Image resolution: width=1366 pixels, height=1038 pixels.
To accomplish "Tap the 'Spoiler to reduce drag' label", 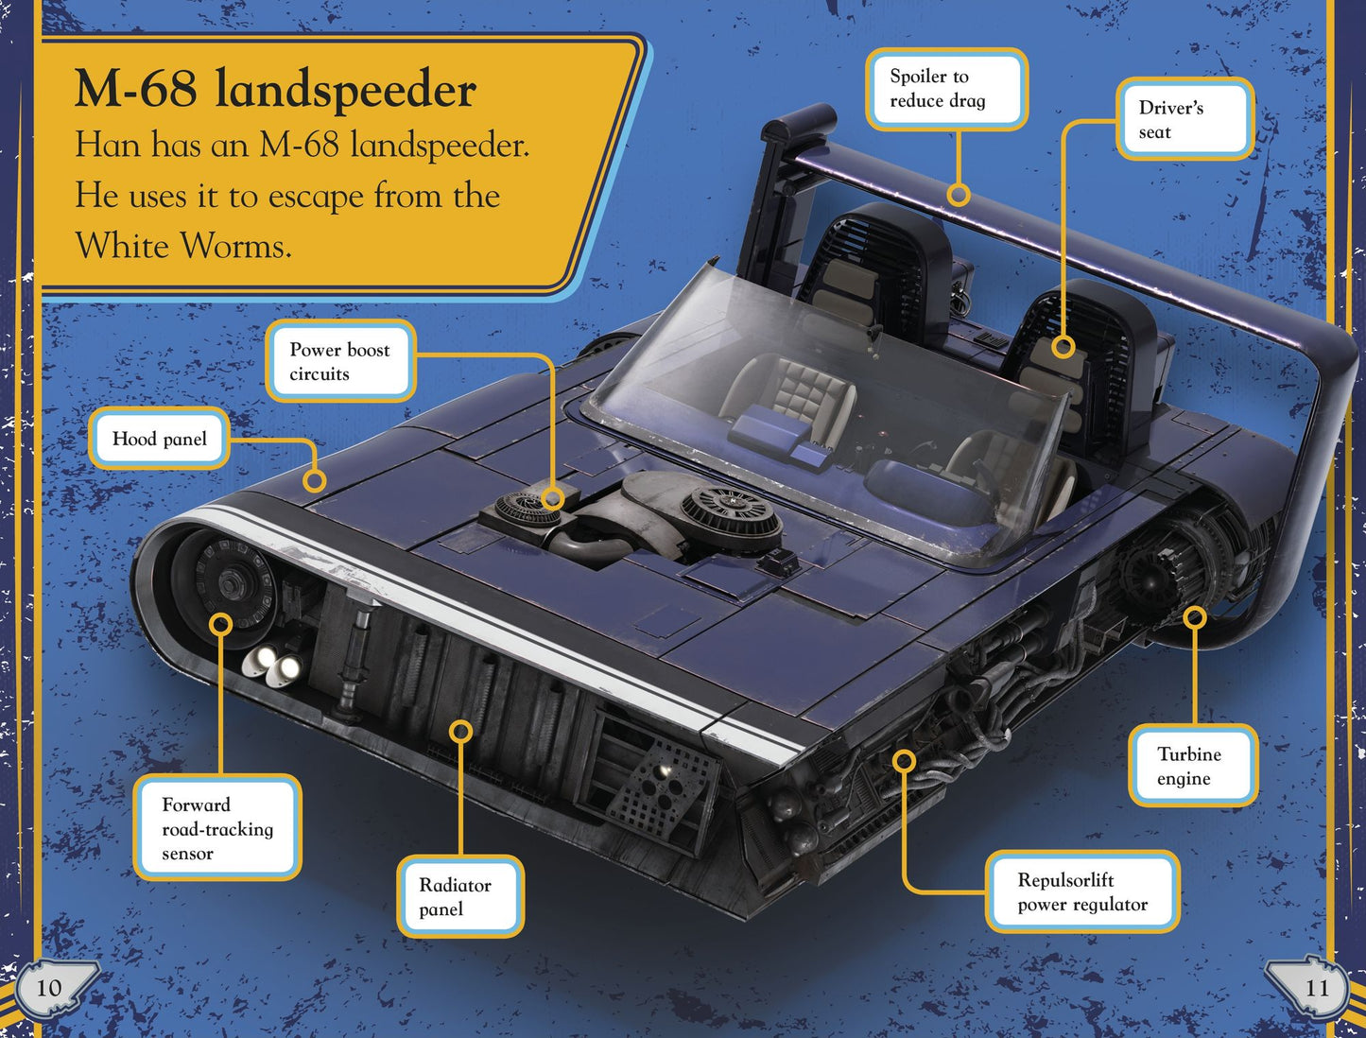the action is tap(946, 89).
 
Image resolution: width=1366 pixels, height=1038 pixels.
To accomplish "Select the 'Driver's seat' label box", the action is tap(1184, 119).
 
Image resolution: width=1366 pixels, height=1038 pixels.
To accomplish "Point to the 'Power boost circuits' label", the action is tap(341, 361).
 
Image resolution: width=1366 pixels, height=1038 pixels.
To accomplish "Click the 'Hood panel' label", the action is tap(160, 439).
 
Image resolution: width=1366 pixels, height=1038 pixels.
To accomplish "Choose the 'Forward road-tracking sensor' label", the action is tap(217, 828).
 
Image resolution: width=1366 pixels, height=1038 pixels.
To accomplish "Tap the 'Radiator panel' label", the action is tap(459, 897).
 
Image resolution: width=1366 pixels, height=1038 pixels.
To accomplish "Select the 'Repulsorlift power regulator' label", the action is tap(1082, 891).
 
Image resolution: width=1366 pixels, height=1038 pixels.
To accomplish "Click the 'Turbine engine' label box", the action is tap(1193, 766).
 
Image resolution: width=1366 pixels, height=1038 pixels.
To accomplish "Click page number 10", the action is tap(48, 988).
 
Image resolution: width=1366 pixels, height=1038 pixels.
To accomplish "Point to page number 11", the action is tap(1316, 988).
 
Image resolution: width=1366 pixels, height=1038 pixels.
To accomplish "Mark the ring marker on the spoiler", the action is tap(959, 195).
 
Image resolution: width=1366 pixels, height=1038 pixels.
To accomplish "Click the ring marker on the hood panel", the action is tap(314, 480).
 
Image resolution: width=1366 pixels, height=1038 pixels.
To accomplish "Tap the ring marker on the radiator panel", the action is tap(460, 732).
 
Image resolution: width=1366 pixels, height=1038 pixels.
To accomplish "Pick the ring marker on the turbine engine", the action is tap(1194, 618).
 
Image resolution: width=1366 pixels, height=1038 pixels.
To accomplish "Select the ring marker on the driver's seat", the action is tap(1063, 347).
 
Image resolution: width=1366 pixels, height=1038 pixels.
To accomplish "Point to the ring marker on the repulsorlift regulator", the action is tap(905, 760).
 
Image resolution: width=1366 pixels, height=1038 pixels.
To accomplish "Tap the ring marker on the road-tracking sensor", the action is tap(221, 624).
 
